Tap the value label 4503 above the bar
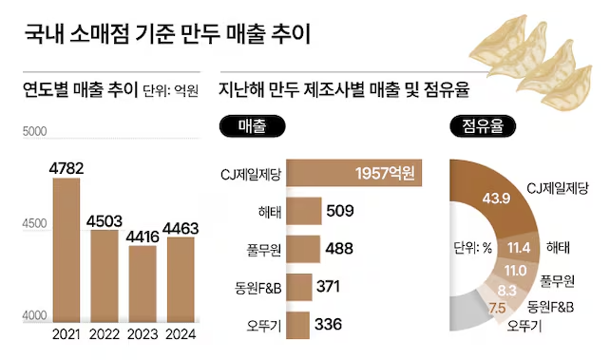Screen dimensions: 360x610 point(104,219)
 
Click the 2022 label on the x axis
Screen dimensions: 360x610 point(104,333)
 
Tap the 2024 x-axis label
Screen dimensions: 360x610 point(181,333)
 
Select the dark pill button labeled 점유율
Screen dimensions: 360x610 point(483,125)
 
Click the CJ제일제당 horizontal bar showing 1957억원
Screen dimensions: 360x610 point(353,173)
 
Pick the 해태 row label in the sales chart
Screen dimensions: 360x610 point(266,212)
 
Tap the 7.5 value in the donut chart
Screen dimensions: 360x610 point(496,308)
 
